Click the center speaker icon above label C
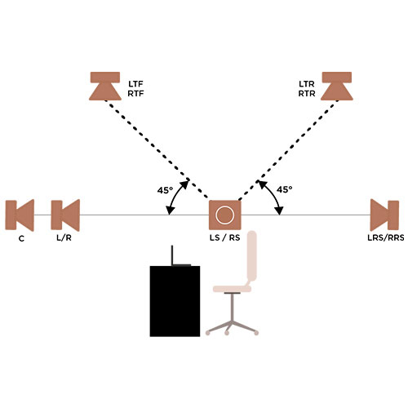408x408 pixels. [20, 215]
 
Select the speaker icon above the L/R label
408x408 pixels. [65, 215]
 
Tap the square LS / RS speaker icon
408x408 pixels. [225, 215]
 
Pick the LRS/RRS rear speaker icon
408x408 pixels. [384, 215]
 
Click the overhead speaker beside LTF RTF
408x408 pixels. [105, 86]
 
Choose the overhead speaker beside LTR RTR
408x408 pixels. [337, 86]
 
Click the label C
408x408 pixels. [21, 238]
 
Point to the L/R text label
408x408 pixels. [64, 237]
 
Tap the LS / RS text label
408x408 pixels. [225, 237]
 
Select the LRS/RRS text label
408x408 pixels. [386, 237]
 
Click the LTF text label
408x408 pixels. [135, 84]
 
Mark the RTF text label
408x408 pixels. [135, 93]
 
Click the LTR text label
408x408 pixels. [307, 84]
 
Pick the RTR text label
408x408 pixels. [307, 93]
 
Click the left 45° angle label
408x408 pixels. [165, 190]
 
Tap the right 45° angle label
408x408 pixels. [285, 189]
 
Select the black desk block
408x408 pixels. [175, 301]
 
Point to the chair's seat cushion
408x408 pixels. [232, 289]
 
